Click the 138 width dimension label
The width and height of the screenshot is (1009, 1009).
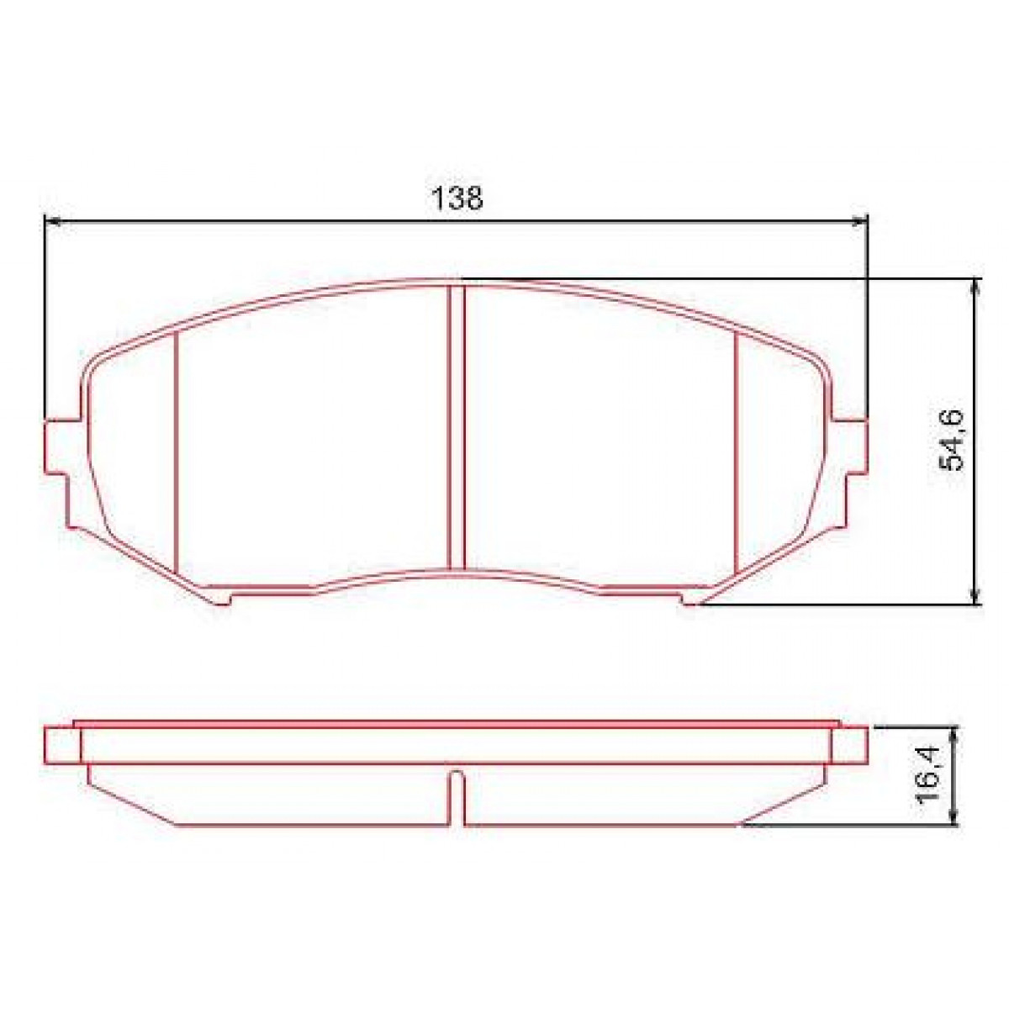457,198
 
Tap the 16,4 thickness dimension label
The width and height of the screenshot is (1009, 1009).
931,778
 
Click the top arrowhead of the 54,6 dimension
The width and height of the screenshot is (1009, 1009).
975,287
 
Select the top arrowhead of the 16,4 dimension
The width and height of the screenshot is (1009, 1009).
954,734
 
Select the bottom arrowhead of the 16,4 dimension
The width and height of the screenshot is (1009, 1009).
954,819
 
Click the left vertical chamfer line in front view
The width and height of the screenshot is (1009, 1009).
177,454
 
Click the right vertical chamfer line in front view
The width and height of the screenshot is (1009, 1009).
736,454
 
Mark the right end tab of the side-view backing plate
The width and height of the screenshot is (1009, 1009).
852,745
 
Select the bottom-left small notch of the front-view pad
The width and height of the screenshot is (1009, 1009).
220,599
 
